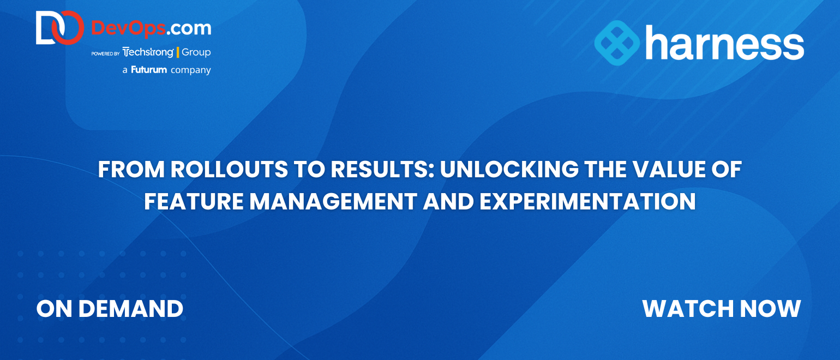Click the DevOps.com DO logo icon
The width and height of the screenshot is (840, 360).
coord(60,28)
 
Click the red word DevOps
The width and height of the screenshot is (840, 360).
coord(128,28)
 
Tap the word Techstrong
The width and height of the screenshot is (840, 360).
coord(148,52)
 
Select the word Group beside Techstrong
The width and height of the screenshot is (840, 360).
coord(196,52)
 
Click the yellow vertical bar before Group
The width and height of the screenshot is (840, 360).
coord(178,52)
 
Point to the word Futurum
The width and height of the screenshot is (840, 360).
coord(149,70)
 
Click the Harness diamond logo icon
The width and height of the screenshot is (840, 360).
coord(617,43)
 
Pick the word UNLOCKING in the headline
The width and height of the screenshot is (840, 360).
coord(509,169)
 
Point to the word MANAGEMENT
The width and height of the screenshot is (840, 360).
coord(333,201)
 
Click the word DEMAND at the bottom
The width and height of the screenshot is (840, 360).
coord(131,309)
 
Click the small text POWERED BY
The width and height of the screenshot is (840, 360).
coord(105,54)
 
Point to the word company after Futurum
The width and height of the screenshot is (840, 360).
coord(191,70)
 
